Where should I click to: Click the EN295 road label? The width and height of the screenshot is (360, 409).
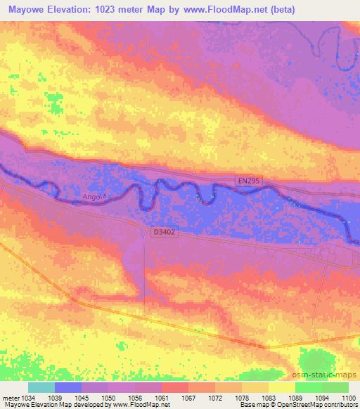coord(247,181)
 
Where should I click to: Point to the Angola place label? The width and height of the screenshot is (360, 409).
coord(93,197)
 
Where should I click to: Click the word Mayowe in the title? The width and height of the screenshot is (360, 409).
coord(30,10)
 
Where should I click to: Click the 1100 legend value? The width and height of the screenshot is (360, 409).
coord(349,398)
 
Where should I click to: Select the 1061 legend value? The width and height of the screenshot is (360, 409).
coord(162,398)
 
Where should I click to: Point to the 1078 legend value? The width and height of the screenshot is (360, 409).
coord(242,398)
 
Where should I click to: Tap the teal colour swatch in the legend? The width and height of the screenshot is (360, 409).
coord(41,387)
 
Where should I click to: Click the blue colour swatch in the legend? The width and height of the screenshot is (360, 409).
coord(68,387)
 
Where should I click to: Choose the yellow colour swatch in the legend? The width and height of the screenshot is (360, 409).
coord(281,387)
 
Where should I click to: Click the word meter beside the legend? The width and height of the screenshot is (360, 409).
coord(10,398)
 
